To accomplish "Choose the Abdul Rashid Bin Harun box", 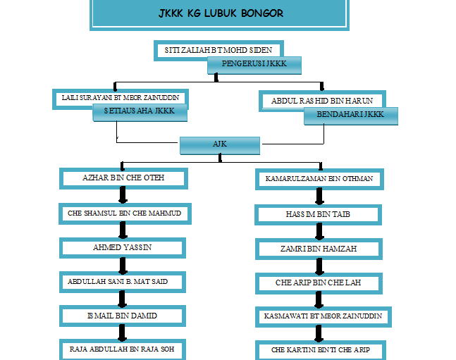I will [326, 101].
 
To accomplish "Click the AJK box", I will [220, 144].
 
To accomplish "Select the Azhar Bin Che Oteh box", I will [123, 178].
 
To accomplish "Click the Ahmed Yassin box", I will [123, 247].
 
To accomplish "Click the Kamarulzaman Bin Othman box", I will [319, 180].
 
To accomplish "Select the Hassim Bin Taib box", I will [318, 214].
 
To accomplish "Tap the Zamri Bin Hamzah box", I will [319, 249].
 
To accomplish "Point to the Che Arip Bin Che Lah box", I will [318, 283].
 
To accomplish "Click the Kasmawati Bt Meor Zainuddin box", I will [322, 316].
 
